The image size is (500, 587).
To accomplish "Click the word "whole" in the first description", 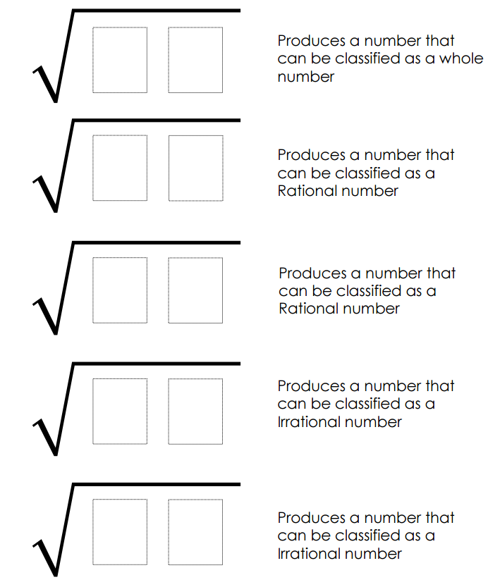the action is tap(461, 58).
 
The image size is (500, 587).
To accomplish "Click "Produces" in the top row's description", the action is tap(312, 40).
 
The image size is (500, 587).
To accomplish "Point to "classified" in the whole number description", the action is tap(368, 58).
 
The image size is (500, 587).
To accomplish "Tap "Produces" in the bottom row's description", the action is tap(312, 518).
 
